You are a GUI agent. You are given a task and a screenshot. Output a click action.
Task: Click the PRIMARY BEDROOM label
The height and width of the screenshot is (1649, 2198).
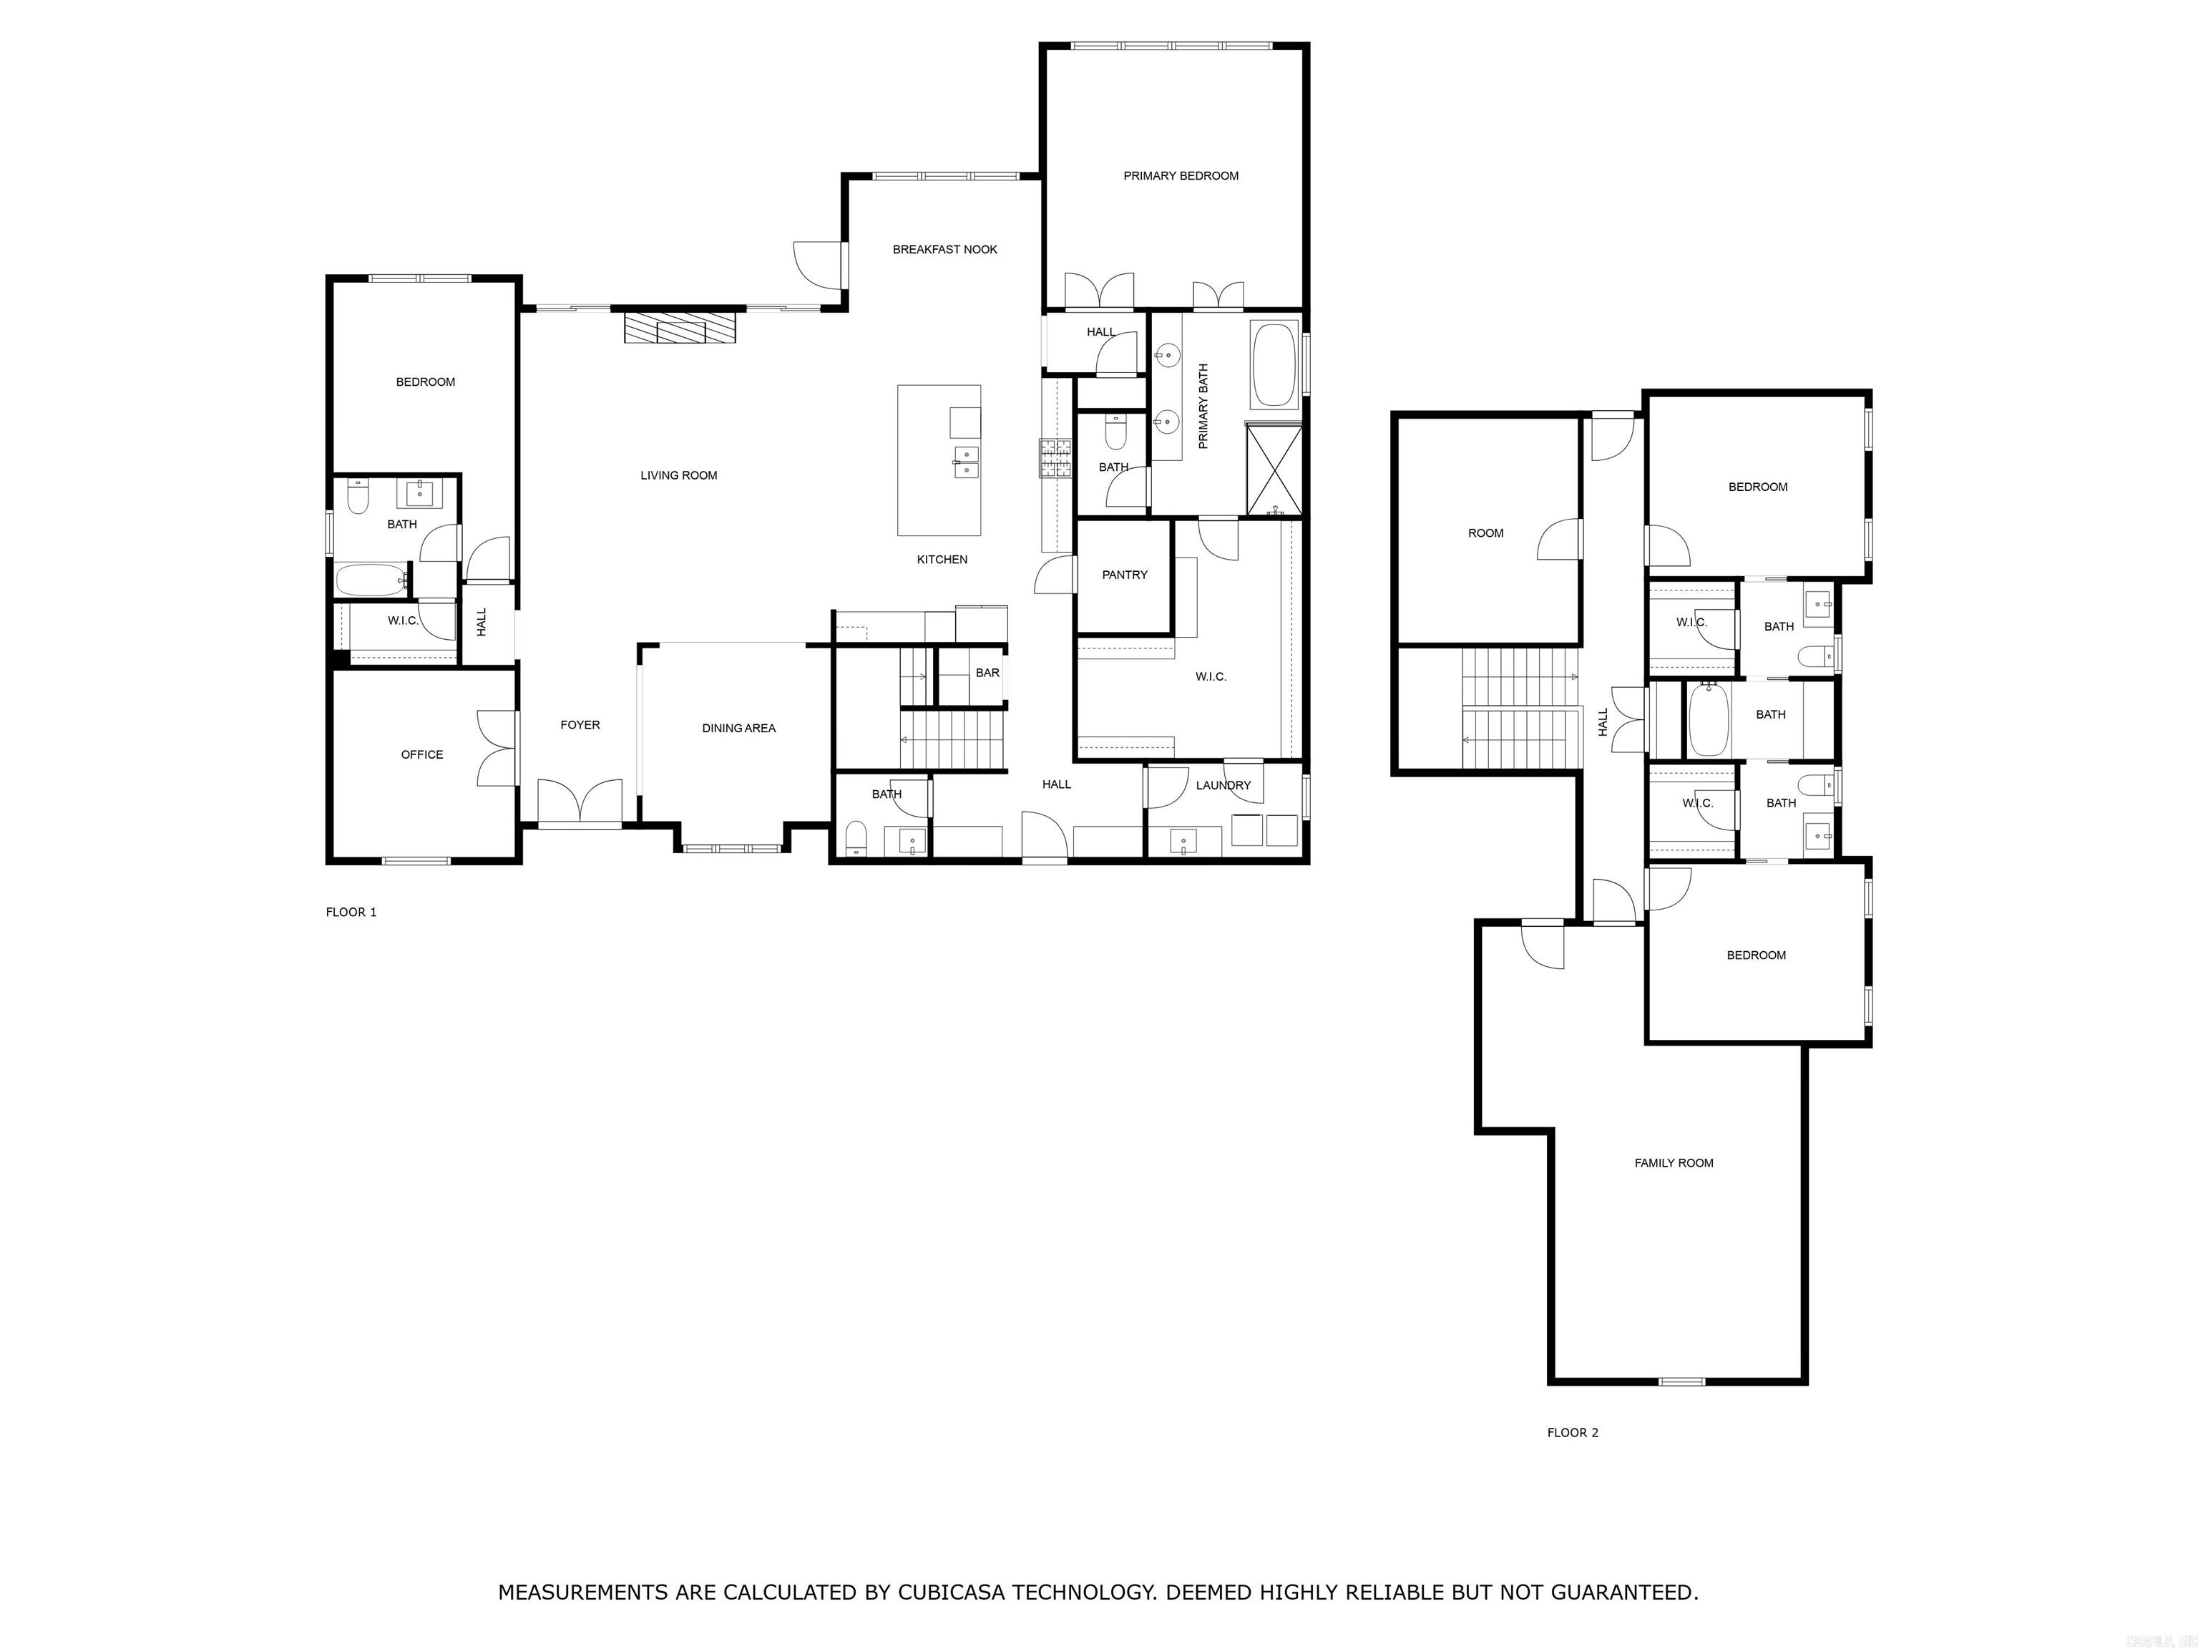[x=1181, y=176]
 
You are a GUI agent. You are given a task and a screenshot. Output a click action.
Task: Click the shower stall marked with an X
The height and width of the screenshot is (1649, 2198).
[x=1273, y=470]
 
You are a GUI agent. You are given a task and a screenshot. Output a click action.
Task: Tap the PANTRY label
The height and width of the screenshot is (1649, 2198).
[x=1124, y=575]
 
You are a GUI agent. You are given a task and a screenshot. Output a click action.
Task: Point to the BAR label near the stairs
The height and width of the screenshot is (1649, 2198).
[x=987, y=673]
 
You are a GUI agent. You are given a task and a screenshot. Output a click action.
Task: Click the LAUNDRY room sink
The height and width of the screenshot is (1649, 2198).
[x=1183, y=841]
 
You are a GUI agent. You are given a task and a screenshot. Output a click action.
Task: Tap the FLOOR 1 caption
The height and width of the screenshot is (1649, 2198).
[x=351, y=912]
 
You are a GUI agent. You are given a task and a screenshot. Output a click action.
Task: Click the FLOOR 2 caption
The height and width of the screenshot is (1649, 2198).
[x=1572, y=1432]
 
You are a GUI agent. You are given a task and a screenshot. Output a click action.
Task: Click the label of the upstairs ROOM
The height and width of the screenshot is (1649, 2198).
[x=1485, y=532]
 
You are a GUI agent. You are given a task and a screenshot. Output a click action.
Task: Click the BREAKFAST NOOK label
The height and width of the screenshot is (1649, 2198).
[x=944, y=250]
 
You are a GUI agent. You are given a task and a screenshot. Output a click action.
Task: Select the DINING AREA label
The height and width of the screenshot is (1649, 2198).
[x=738, y=728]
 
